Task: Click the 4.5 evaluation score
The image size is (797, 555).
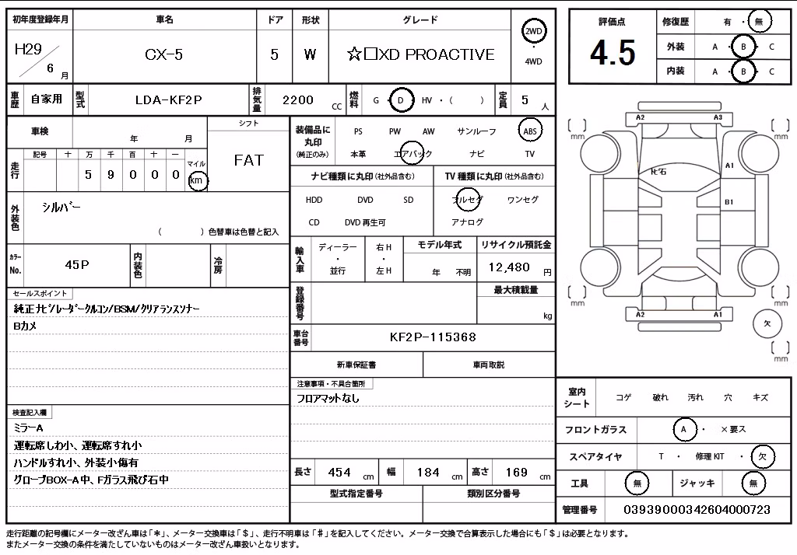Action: pyautogui.click(x=613, y=53)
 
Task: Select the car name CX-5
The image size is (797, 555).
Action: pyautogui.click(x=163, y=54)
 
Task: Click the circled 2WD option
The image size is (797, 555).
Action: pyautogui.click(x=533, y=31)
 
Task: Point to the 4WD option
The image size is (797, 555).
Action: pyautogui.click(x=533, y=61)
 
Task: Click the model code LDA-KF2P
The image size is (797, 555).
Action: pyautogui.click(x=169, y=100)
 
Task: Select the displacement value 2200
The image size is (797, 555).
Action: pyautogui.click(x=298, y=100)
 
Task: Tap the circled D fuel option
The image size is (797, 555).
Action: pyautogui.click(x=401, y=100)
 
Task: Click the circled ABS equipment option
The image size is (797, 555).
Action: pyautogui.click(x=530, y=131)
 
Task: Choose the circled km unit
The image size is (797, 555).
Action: pyautogui.click(x=197, y=180)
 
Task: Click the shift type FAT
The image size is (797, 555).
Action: pyautogui.click(x=248, y=160)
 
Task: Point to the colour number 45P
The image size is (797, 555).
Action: pyautogui.click(x=77, y=264)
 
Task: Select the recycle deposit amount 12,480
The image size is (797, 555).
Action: pyautogui.click(x=509, y=267)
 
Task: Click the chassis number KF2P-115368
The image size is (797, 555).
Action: pyautogui.click(x=433, y=337)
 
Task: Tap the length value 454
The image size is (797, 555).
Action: pyautogui.click(x=339, y=473)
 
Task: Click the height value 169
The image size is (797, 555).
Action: pyautogui.click(x=517, y=473)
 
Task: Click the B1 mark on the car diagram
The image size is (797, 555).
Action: pyautogui.click(x=729, y=202)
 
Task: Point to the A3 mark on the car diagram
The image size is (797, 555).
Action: pyautogui.click(x=718, y=117)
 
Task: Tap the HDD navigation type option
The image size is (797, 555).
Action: pyautogui.click(x=314, y=200)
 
